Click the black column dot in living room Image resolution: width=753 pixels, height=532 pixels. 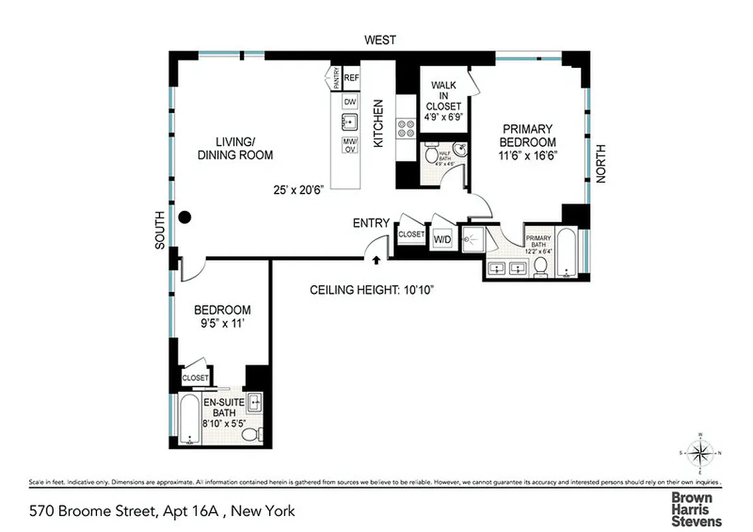point(185,217)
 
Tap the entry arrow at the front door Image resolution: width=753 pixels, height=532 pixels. point(377,260)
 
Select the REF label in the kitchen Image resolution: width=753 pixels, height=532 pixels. point(352,78)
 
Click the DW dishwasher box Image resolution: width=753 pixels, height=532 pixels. point(350,102)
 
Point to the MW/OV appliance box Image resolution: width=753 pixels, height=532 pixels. point(350,145)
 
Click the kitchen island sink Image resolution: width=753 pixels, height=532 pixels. point(350,123)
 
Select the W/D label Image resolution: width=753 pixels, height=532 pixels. point(442,239)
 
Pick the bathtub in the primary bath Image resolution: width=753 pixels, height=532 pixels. point(566,253)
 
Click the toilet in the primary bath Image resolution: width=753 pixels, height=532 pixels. point(541,267)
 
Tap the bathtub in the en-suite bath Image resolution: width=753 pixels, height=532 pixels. point(189,421)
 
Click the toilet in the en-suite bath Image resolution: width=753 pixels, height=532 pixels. point(250,434)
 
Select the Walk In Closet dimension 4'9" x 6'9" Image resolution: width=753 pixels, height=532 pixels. point(443,117)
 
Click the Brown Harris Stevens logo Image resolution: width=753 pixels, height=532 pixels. point(696,509)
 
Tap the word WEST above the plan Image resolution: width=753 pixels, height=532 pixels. point(380,41)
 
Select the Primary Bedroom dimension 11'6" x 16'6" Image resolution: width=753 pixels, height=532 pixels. point(528,154)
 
